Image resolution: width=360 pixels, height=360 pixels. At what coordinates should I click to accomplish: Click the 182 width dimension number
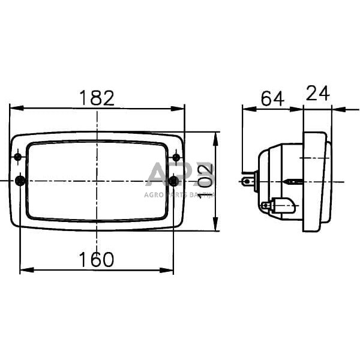tap(97, 98)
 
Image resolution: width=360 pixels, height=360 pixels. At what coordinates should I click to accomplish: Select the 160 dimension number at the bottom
tap(97, 259)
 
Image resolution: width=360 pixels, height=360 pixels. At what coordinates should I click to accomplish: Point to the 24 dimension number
tap(318, 93)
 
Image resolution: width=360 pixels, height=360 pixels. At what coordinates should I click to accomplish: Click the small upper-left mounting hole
tap(18, 157)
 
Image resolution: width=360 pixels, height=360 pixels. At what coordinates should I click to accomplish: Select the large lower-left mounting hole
tap(20, 181)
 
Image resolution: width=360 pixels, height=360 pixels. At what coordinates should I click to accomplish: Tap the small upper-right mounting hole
tap(176, 157)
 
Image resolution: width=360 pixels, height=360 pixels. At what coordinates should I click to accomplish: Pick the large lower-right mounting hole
tap(174, 181)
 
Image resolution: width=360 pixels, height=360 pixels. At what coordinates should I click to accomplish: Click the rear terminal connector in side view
tap(248, 179)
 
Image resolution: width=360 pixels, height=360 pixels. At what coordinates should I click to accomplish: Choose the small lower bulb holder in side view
tap(276, 206)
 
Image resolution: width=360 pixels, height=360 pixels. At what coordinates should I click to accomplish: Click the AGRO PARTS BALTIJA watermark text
tap(179, 194)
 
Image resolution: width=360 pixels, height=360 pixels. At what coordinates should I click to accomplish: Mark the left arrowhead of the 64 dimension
tap(247, 109)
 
